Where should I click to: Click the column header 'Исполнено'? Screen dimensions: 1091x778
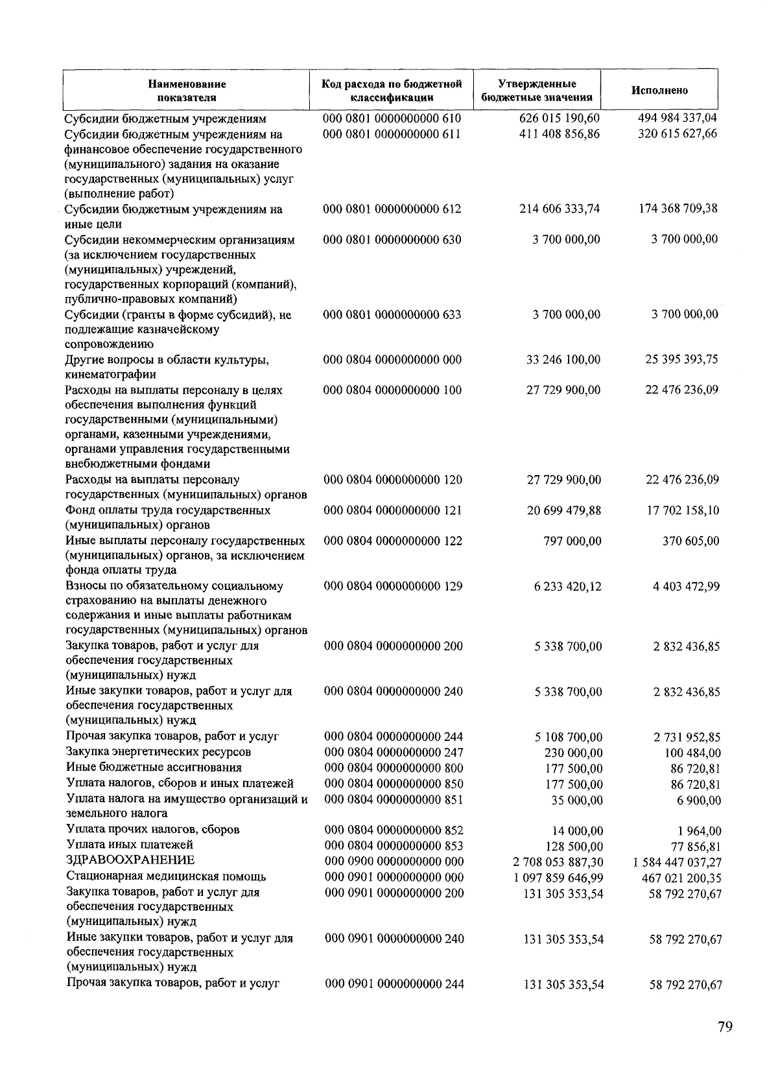point(659,91)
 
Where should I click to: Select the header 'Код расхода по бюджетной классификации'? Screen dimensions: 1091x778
point(392,91)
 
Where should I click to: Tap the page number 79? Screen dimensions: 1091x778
point(725,1027)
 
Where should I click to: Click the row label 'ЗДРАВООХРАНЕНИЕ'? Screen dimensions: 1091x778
point(130,860)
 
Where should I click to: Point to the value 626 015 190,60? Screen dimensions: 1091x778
point(560,119)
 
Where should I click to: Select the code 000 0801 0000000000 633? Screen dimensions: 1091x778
point(392,315)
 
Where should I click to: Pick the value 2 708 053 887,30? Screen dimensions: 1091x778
point(558,862)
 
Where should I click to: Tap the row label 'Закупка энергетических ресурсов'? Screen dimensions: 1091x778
point(158,752)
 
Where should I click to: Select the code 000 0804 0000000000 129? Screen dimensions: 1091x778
point(393,586)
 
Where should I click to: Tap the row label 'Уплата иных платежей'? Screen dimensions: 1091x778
point(130,845)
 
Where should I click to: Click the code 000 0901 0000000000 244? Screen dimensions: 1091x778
point(394,984)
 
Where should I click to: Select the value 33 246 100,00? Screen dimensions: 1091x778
point(563,360)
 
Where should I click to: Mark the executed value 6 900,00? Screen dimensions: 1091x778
point(700,801)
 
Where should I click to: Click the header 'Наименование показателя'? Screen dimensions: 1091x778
point(187,91)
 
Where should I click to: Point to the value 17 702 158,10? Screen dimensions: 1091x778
point(682,511)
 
